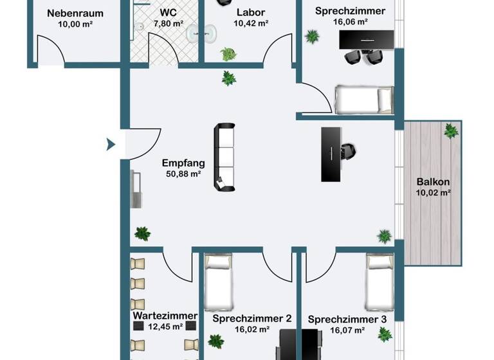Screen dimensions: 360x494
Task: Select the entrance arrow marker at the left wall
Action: point(111,145)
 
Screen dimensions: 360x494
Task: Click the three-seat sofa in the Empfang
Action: point(224,157)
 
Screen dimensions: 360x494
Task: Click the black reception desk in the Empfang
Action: point(331,154)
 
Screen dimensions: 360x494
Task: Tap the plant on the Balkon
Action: point(451,131)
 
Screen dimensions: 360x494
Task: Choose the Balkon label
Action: point(433,181)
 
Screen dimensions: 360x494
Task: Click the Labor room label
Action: point(250,12)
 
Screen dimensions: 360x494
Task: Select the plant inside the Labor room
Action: point(228,54)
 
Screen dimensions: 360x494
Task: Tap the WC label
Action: point(169,12)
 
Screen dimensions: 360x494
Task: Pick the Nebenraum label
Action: point(75,12)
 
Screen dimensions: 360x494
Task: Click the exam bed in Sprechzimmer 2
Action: point(217,281)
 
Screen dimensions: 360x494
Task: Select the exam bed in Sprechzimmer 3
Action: point(378,281)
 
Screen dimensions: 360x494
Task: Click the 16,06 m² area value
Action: point(351,21)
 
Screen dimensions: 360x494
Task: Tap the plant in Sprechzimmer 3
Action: point(384,334)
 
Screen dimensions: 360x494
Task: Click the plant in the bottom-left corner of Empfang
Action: point(143,233)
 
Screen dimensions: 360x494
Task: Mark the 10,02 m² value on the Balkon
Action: point(433,192)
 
